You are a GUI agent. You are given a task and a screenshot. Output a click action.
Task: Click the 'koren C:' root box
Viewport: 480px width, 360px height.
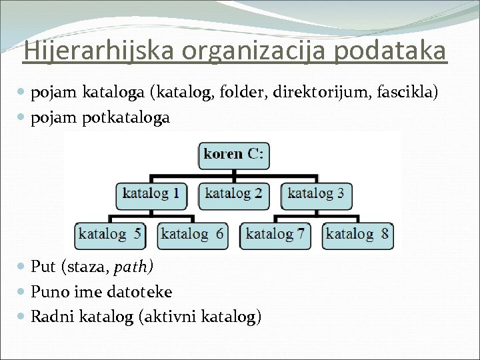(x=233, y=155)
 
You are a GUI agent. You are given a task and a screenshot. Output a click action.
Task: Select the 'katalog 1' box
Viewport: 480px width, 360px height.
(x=151, y=195)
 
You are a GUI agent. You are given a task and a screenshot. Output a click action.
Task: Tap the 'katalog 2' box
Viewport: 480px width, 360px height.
(x=233, y=195)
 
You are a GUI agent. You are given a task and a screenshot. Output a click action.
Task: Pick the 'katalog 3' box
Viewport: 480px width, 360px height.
(x=316, y=195)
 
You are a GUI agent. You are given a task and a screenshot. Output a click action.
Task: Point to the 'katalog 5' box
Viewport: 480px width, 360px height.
(x=110, y=235)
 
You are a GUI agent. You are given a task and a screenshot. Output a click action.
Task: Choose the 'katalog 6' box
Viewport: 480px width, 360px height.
(x=192, y=235)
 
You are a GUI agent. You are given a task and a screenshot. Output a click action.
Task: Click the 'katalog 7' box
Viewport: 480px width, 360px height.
(x=275, y=235)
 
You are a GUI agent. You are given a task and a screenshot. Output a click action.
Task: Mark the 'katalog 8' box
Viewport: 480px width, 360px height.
(x=357, y=235)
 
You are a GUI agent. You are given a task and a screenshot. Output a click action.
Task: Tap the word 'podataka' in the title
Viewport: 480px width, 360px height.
(x=390, y=51)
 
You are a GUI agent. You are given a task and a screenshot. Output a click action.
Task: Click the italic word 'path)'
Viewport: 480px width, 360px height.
(x=134, y=267)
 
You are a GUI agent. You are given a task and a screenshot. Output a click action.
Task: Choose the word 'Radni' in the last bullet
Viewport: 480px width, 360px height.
(x=53, y=317)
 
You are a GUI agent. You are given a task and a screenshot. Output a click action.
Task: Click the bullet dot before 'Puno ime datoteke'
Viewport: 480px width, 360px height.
(x=23, y=292)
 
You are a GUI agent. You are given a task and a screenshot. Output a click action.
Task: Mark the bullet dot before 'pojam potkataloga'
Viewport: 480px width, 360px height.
(x=23, y=118)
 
